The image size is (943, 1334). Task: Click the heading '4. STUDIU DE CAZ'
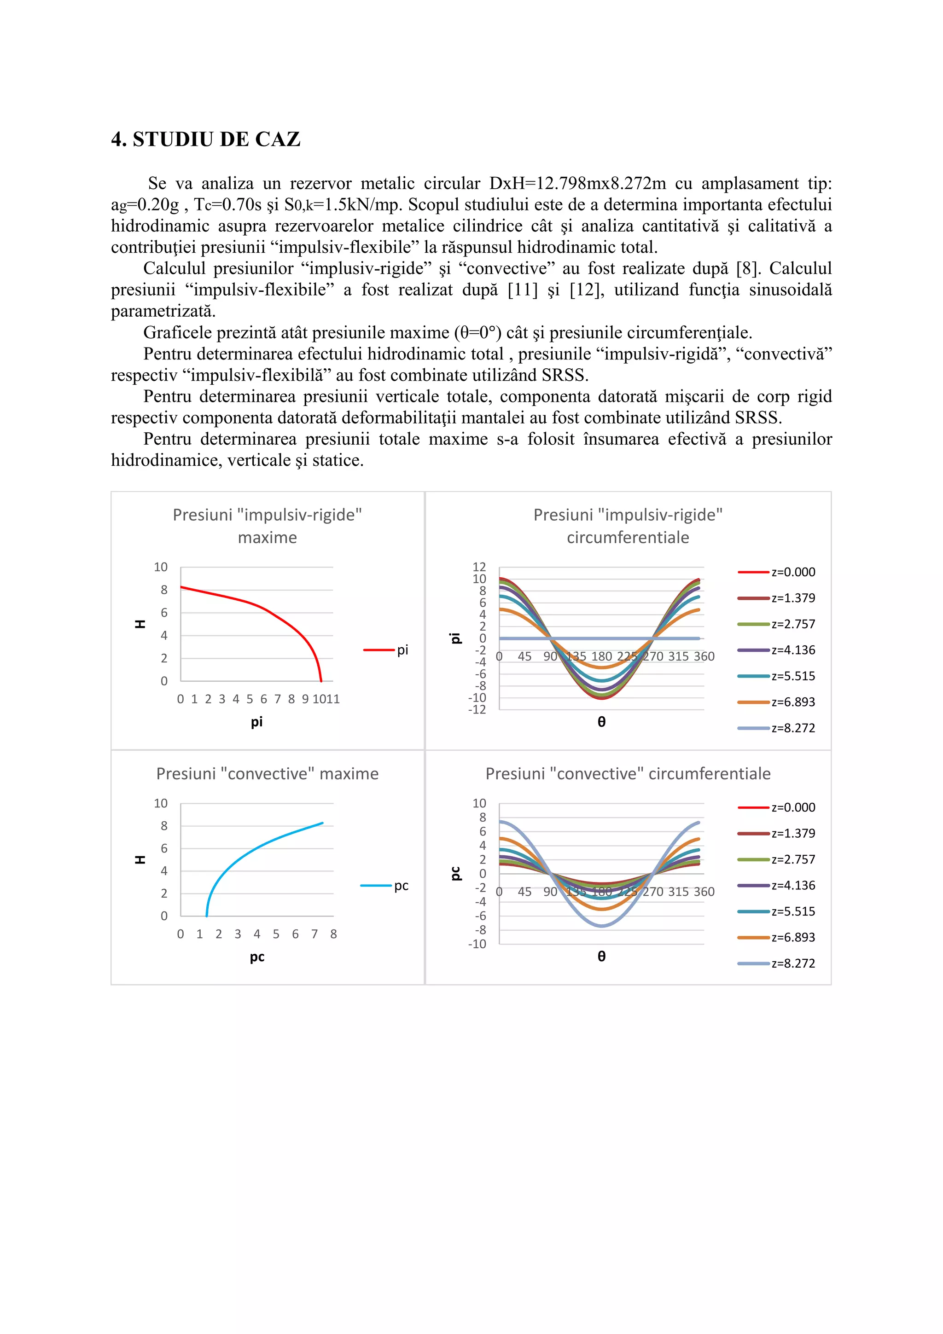coord(206,139)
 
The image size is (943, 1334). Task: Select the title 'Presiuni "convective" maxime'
coord(267,773)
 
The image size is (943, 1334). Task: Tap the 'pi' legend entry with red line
coord(386,650)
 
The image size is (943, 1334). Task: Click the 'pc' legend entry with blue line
coord(384,886)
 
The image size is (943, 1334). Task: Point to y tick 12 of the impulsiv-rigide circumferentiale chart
coord(479,567)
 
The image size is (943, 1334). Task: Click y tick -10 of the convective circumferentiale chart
coord(477,944)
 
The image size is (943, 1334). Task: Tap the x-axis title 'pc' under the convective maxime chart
coord(257,957)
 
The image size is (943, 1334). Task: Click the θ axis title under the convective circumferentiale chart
coord(601,957)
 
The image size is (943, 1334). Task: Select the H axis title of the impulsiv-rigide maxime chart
coord(140,624)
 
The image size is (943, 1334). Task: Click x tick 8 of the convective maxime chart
coord(333,934)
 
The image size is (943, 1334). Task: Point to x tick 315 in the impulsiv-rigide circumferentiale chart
coord(678,656)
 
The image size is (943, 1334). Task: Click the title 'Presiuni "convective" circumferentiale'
coord(628,773)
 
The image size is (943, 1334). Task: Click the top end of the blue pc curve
coord(322,823)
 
